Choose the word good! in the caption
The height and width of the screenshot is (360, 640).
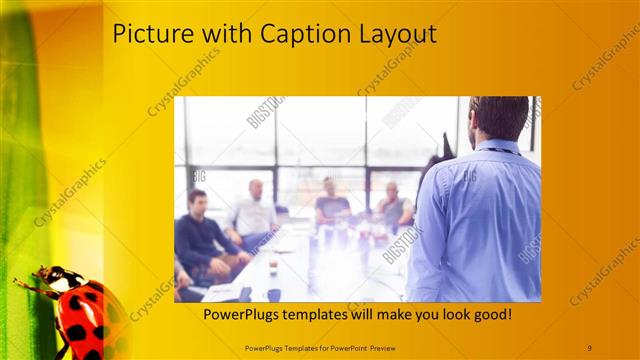[x=489, y=315]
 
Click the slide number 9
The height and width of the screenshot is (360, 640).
[x=589, y=346]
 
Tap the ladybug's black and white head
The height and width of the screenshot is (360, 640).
[x=48, y=274]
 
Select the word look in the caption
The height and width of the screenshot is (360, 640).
[x=447, y=315]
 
